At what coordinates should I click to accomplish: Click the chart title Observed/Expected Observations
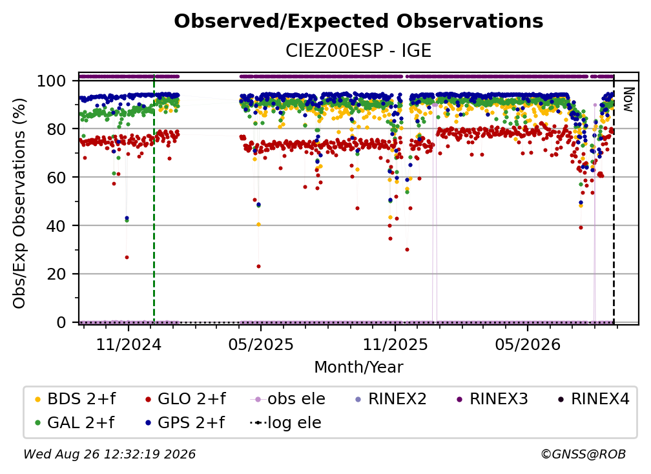point(358,21)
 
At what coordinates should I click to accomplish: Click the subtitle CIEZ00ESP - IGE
point(358,50)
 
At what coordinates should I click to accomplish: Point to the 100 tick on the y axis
point(52,81)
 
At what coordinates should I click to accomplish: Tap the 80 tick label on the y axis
point(56,129)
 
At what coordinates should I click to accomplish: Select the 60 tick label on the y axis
point(56,177)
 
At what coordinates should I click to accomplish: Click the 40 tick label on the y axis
point(56,226)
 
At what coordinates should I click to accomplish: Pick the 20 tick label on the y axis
point(56,274)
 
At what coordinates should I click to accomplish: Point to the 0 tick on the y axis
point(61,322)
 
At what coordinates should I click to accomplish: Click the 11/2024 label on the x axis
point(129,344)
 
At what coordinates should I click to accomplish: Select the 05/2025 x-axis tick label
point(261,344)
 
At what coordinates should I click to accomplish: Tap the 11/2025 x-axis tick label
point(395,344)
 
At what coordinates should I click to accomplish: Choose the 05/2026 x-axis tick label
point(528,344)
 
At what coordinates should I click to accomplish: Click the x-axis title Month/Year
point(358,367)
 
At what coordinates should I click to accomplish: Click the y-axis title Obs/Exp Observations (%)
point(19,203)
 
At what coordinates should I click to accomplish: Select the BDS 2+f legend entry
point(75,399)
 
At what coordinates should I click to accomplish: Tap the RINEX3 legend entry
point(492,399)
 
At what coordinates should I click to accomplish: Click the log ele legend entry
point(285,423)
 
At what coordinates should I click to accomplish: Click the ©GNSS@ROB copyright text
point(583,454)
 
